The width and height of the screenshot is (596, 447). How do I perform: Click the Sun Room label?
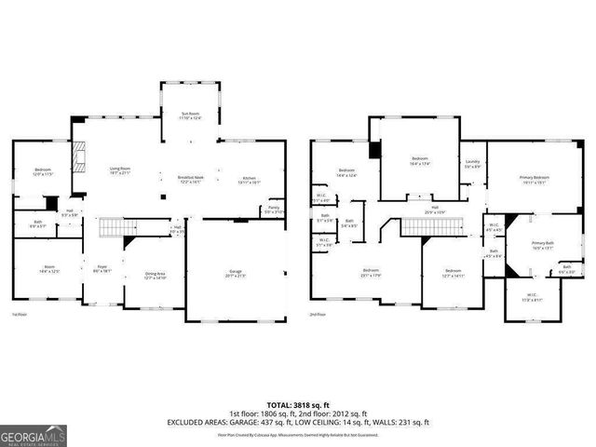190,115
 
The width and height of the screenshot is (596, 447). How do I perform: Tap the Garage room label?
236,274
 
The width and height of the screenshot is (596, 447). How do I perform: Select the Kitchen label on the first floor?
249,180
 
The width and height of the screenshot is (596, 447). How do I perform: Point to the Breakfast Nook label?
191,180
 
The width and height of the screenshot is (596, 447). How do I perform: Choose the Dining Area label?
155,275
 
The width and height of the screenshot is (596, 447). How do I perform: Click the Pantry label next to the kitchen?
274,210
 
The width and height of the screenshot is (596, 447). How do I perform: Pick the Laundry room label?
472,164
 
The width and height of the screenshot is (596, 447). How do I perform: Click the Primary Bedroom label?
534,179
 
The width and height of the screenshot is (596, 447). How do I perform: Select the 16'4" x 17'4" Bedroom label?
419,160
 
